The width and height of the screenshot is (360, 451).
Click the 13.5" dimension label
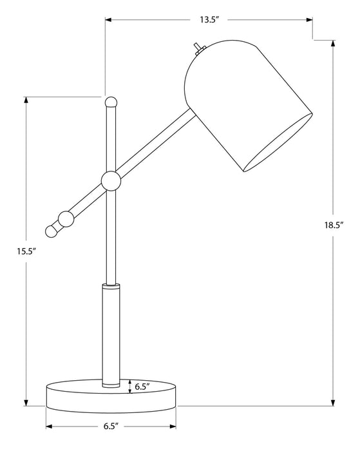[209, 20]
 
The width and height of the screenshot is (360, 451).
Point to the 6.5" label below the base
[109, 427]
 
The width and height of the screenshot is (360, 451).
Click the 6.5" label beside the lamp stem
[142, 387]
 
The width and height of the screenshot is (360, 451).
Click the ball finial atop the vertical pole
[111, 101]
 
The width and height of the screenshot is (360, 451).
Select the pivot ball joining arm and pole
[111, 182]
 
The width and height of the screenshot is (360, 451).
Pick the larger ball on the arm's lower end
[66, 218]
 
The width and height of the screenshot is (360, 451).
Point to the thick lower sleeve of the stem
[111, 336]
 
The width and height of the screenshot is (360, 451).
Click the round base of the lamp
[111, 396]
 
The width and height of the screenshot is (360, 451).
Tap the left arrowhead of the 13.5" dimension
[109, 20]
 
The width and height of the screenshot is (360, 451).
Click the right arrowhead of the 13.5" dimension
[309, 20]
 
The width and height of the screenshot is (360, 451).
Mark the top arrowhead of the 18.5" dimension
[333, 44]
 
